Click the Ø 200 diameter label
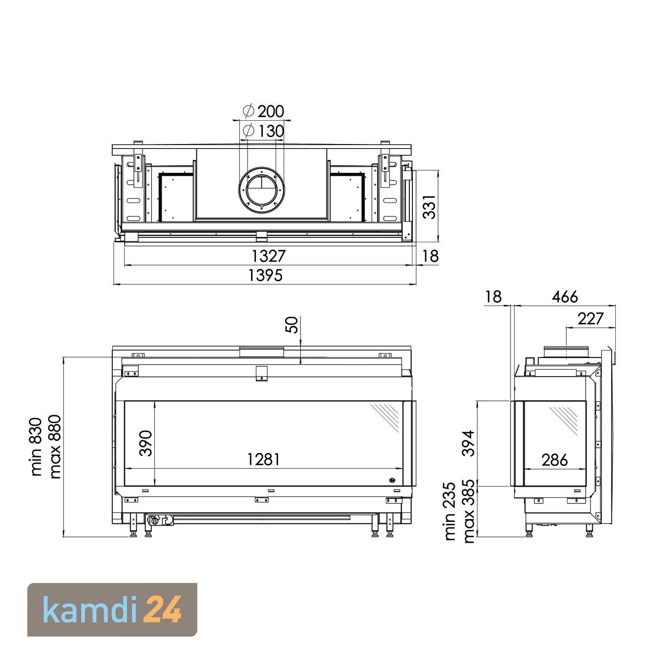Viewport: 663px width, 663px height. coord(264,111)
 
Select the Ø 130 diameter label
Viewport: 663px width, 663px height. coord(264,131)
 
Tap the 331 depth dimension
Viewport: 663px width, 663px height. coord(429,206)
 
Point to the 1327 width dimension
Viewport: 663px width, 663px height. coord(269,256)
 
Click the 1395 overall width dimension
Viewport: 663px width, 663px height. coord(265,275)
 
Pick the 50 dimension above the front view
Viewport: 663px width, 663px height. coord(292,325)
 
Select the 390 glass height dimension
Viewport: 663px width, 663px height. coord(145,443)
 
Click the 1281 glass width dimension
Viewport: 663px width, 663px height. coord(263,460)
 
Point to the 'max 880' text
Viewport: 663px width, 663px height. coord(55,446)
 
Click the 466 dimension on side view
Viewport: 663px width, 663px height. coord(564,297)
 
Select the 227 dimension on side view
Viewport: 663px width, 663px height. coord(590,318)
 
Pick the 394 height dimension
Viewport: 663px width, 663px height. coord(468,443)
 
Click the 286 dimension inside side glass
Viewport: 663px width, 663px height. coord(554,460)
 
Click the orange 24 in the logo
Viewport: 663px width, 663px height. coord(163,610)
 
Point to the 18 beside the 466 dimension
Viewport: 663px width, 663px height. coord(493,297)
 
